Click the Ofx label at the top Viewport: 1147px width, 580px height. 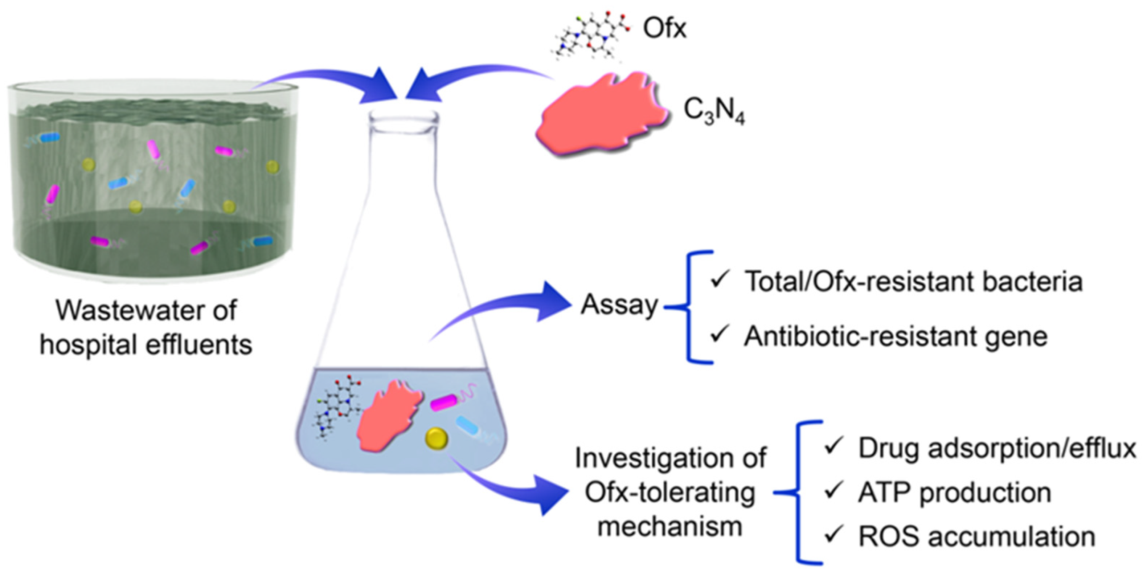pos(664,29)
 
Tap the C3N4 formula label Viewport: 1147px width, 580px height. pos(714,111)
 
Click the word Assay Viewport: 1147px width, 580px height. pos(619,306)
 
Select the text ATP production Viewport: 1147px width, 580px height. pos(955,493)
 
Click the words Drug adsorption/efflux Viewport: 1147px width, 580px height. pos(997,448)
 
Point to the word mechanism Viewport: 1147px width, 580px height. pos(670,527)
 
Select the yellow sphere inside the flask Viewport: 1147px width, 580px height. pos(437,438)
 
